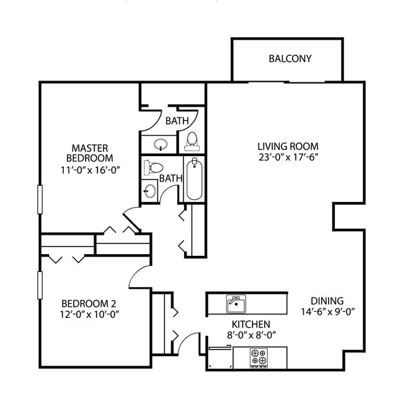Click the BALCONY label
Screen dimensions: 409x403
click(x=290, y=59)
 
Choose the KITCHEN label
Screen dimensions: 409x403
click(x=250, y=324)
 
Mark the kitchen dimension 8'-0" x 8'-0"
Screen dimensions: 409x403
click(x=250, y=335)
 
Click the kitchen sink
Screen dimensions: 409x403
click(x=236, y=303)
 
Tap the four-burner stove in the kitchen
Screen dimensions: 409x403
click(x=258, y=357)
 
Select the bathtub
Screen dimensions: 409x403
click(x=194, y=179)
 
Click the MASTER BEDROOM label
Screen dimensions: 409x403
click(x=91, y=153)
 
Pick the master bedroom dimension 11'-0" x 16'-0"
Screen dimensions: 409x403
click(x=91, y=169)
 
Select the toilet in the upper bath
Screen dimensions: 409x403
click(x=192, y=141)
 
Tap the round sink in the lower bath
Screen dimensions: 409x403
click(x=149, y=190)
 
